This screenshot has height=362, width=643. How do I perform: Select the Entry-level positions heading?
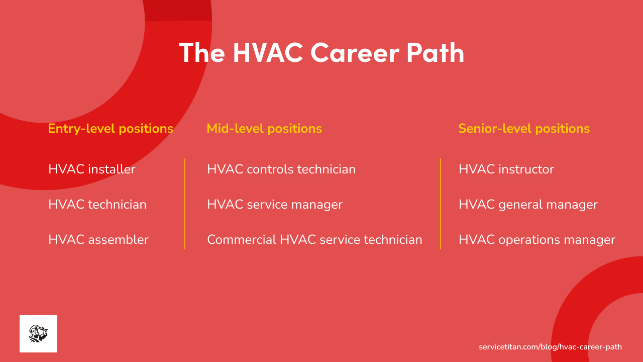[x=111, y=129]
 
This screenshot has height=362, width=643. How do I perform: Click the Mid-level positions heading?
[x=264, y=129]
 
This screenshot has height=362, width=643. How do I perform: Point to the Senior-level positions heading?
[x=524, y=129]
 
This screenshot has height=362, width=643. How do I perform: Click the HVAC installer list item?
[x=92, y=169]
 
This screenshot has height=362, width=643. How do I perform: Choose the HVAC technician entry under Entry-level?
[x=97, y=205]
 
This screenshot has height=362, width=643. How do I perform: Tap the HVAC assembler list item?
[x=98, y=240]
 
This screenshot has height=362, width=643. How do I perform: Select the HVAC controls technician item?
[x=281, y=169]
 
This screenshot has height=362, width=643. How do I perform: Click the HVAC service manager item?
[x=275, y=205]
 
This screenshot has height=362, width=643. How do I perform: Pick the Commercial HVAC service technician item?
[x=314, y=240]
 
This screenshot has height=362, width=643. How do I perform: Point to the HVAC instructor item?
[x=506, y=169]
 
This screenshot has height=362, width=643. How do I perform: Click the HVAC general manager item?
[x=528, y=205]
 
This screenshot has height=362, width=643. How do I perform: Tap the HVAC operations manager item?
[x=537, y=240]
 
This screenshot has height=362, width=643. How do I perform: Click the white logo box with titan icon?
[x=38, y=333]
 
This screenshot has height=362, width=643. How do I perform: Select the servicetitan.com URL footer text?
[x=550, y=347]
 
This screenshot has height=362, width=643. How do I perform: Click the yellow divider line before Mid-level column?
[x=185, y=204]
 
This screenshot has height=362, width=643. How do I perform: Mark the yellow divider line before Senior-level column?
[x=441, y=204]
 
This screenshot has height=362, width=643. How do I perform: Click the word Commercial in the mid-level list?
[x=242, y=240]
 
